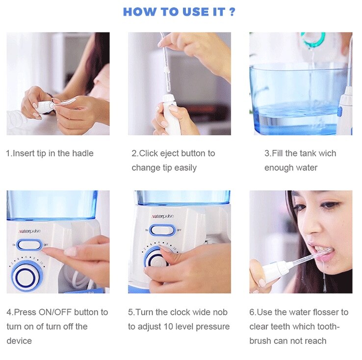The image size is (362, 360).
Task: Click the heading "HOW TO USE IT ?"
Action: tap(180, 12)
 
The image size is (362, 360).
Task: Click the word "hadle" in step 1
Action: tap(81, 154)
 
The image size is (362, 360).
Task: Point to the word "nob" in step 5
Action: tap(220, 312)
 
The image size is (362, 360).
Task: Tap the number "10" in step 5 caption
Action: tap(169, 327)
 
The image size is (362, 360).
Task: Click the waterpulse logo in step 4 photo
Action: tap(29, 231)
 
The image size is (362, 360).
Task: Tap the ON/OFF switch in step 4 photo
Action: tap(29, 244)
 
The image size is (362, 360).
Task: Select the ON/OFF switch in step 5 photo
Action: tap(161, 230)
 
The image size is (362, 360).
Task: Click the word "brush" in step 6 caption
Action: tap(261, 341)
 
